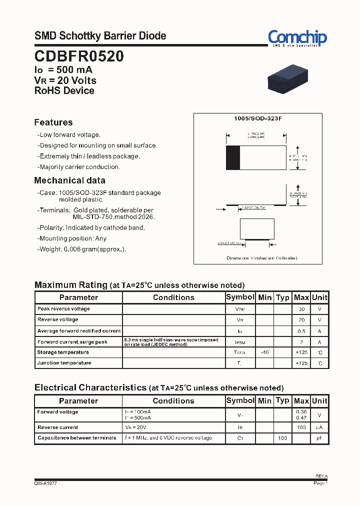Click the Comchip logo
coord(297,37)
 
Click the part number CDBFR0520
coord(79,56)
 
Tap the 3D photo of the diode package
coord(287,80)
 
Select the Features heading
coord(53,122)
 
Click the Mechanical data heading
coord(69,180)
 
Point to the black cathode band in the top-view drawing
coord(233,158)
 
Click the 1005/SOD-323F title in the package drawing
coord(258,118)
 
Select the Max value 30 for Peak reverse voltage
coord(301,309)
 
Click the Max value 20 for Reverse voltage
coord(301,319)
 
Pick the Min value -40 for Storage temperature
coord(264,352)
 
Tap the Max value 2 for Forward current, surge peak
coord(301,342)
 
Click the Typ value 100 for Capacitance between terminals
coord(282,438)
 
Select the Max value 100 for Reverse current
coord(301,427)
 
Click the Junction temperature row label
coord(64,363)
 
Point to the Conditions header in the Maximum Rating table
coord(173,297)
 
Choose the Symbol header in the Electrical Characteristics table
coord(240,400)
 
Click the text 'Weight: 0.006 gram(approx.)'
coord(82,249)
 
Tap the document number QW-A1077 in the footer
coord(45,483)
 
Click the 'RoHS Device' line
coord(64,90)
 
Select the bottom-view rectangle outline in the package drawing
coord(257,229)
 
